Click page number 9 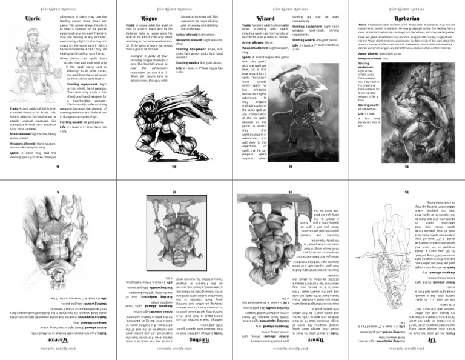pyautogui.click(x=58, y=166)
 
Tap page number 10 pyautogui.click(x=174, y=166)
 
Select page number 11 pyautogui.click(x=290, y=166)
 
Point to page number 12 pyautogui.click(x=406, y=166)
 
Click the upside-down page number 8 pyautogui.click(x=58, y=192)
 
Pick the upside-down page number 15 pyautogui.click(x=174, y=192)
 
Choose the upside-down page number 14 pyautogui.click(x=290, y=192)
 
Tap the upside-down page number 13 pyautogui.click(x=406, y=192)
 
